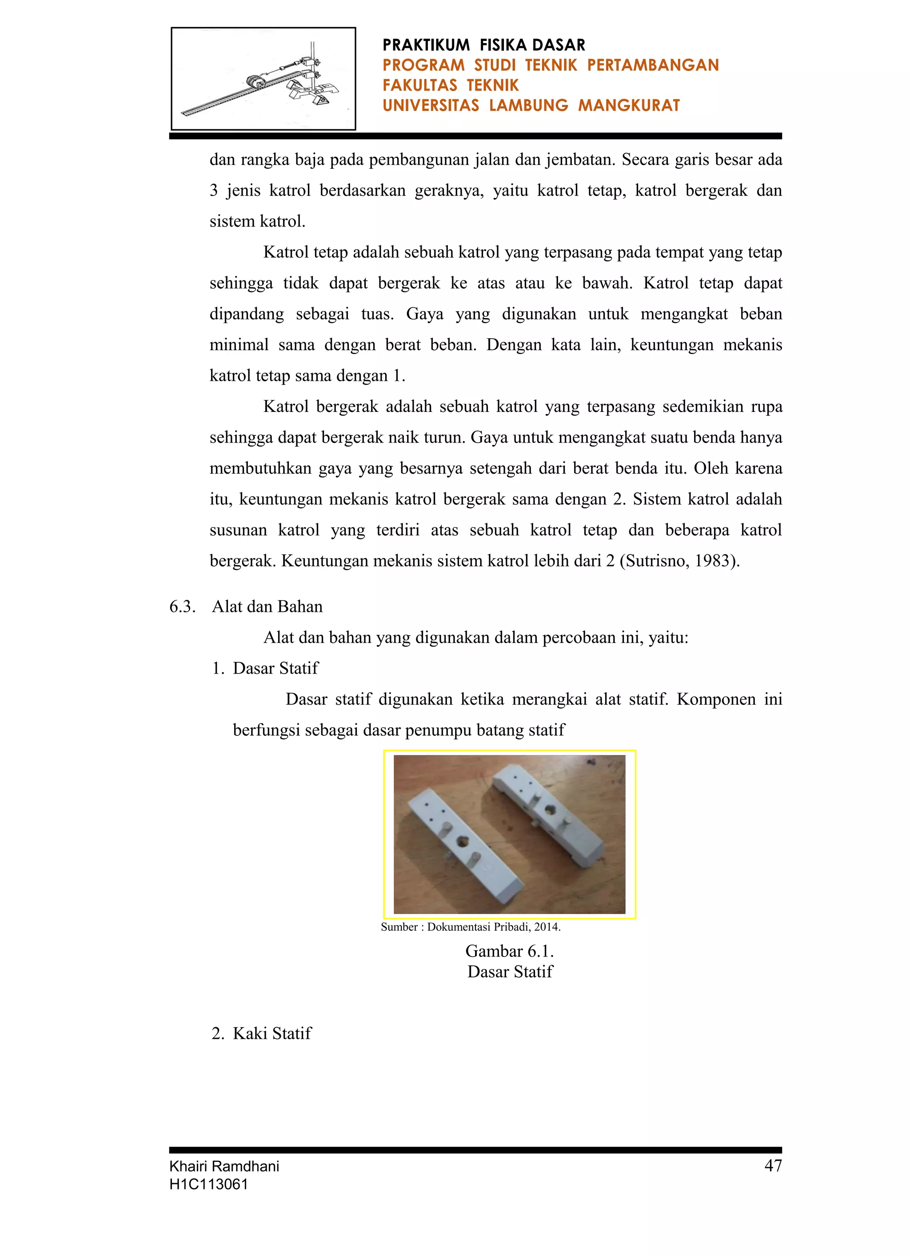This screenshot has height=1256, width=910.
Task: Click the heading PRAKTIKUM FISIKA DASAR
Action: (483, 45)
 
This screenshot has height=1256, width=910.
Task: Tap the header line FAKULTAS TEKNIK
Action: (450, 85)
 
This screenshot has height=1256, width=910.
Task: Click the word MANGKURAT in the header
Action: (629, 105)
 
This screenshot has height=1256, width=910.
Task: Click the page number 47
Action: (773, 1166)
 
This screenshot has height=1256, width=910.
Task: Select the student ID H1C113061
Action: (208, 1184)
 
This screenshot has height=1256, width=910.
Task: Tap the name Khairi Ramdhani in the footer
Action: (224, 1166)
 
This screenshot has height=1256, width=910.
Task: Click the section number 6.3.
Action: (182, 606)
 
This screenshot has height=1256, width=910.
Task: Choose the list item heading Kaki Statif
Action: (272, 1033)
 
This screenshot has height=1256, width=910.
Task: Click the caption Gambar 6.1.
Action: (510, 951)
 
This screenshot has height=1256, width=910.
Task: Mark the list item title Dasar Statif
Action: (275, 668)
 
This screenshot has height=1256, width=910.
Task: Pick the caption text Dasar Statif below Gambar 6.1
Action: (510, 972)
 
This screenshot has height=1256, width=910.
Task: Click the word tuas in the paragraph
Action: (377, 314)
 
